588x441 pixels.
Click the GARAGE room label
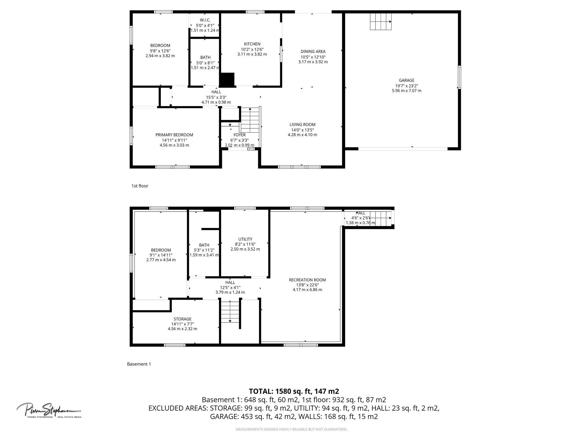[406, 80]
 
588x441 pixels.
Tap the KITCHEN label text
[252, 44]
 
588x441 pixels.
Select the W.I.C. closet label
[205, 20]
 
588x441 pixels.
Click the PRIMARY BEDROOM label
[174, 135]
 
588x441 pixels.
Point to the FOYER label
[239, 135]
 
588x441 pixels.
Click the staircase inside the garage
[381, 22]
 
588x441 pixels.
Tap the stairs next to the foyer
[250, 119]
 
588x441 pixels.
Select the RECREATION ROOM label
[307, 280]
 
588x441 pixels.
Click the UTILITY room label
[245, 239]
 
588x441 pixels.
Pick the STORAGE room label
[182, 319]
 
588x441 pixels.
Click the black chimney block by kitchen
[227, 80]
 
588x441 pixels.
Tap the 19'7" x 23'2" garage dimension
[406, 86]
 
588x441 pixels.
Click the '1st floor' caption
[140, 186]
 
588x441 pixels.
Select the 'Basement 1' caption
[139, 364]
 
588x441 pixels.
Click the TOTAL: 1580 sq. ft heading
[294, 391]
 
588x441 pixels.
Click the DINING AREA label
[313, 52]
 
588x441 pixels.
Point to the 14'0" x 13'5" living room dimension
[302, 130]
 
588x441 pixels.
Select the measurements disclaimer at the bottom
[291, 430]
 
